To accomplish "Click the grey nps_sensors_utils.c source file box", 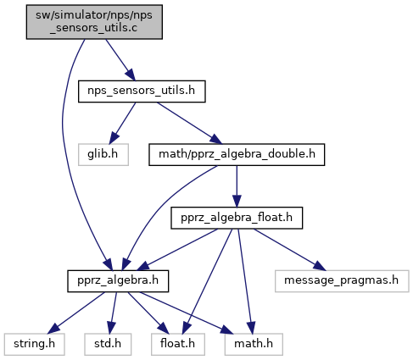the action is (94, 22).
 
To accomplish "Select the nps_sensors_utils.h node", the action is (142, 91).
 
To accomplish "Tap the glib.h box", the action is (103, 154).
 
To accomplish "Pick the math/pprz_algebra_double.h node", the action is (237, 154).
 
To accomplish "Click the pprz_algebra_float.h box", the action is (237, 218).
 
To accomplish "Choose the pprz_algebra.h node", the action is (118, 281).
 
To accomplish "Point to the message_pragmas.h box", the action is (342, 281).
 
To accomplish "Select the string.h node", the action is (34, 344).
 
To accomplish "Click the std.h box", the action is (108, 344).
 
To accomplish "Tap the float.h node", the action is (178, 344).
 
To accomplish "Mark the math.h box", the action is (254, 344).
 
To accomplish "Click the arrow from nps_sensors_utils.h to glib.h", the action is (122, 123).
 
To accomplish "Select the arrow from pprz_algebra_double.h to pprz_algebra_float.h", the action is (237, 186).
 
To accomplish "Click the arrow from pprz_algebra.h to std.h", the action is (113, 313).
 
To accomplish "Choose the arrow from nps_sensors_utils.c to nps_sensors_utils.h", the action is (120, 60).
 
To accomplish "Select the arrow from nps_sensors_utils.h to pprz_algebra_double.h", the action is (189, 123).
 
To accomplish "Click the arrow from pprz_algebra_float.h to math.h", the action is (245, 281).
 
